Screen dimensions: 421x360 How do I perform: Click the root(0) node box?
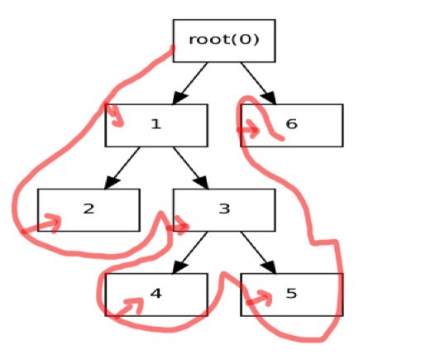tap(224, 41)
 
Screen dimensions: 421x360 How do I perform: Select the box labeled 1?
tap(156, 126)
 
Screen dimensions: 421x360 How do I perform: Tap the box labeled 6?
tap(292, 126)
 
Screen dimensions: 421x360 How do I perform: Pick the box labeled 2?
tap(89, 210)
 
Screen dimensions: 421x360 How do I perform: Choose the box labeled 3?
tap(224, 210)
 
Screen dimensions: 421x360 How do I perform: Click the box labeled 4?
tap(156, 295)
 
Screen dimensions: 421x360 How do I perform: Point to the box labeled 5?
tap(292, 295)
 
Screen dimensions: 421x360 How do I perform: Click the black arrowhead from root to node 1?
tap(179, 98)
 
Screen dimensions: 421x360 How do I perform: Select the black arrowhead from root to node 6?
tap(269, 98)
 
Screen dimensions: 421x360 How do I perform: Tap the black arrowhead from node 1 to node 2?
tap(112, 183)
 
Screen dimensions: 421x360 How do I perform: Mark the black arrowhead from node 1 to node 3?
tap(201, 183)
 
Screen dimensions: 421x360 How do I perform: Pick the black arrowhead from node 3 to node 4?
tap(179, 267)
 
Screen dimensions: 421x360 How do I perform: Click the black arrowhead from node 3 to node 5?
tap(269, 267)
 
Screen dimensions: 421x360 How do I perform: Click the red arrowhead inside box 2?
tap(54, 223)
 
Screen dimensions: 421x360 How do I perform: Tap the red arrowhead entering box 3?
tap(182, 226)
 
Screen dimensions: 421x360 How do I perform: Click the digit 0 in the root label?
tap(246, 40)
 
